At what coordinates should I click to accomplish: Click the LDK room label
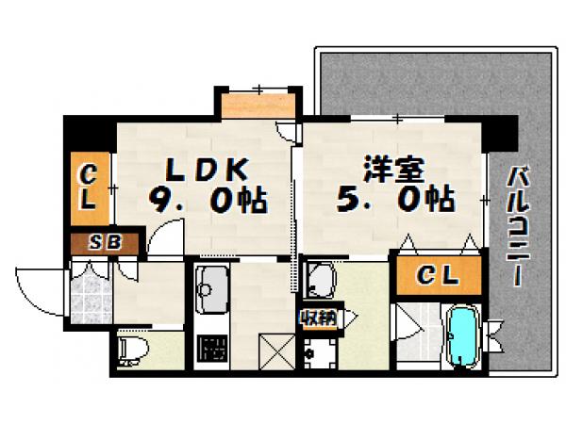pyautogui.click(x=208, y=170)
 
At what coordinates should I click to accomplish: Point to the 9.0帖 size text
pyautogui.click(x=207, y=200)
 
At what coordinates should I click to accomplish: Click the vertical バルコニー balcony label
pyautogui.click(x=518, y=226)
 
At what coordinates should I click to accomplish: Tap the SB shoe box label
pyautogui.click(x=105, y=243)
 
